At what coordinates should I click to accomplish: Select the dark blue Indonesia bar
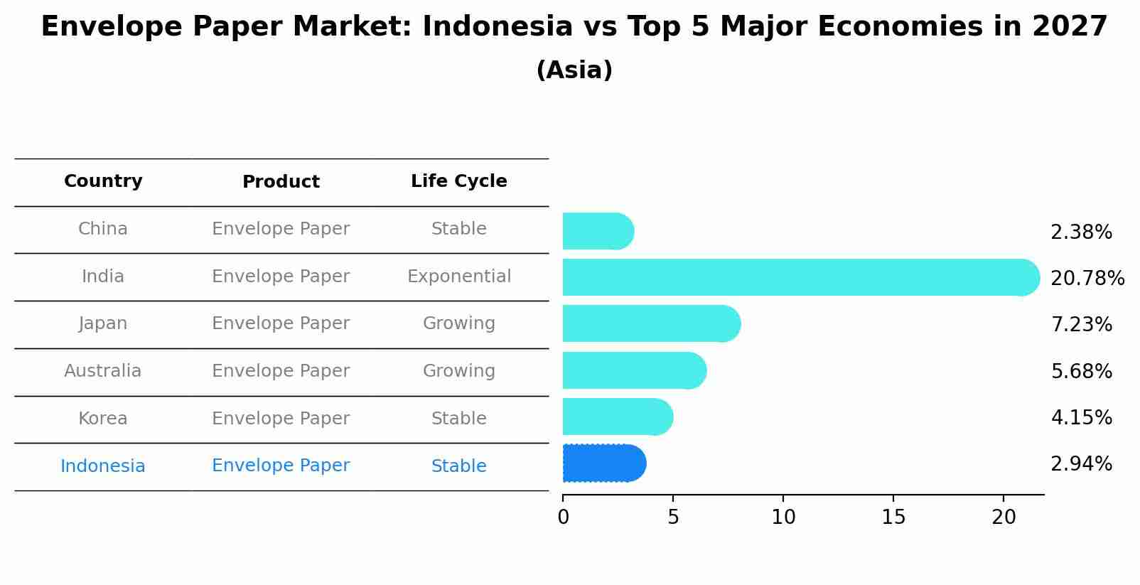click(603, 463)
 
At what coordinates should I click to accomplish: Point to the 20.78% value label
click(1087, 279)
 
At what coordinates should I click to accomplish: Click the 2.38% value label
click(1081, 232)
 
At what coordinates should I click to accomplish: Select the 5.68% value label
click(1081, 371)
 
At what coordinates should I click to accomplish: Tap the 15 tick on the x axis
click(893, 517)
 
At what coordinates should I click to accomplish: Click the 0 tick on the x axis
click(563, 517)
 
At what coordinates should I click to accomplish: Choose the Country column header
click(103, 181)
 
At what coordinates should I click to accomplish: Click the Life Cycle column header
click(458, 181)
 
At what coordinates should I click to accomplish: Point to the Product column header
click(281, 182)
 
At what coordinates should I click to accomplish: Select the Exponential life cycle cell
click(458, 277)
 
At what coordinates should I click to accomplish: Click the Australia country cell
click(103, 371)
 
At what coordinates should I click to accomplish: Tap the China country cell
click(103, 229)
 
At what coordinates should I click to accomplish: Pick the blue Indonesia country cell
click(103, 466)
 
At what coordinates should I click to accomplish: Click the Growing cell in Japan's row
click(458, 323)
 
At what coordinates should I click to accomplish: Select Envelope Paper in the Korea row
click(281, 419)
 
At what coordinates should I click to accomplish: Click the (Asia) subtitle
click(574, 70)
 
